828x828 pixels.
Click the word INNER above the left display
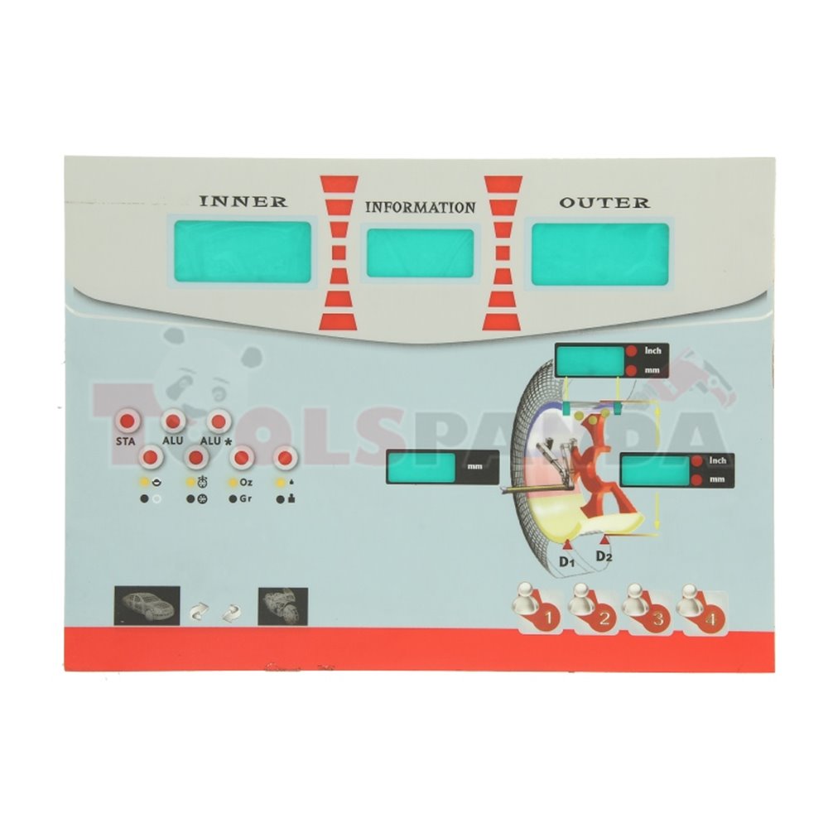(x=243, y=201)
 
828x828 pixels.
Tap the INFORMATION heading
(x=421, y=207)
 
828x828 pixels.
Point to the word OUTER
(x=604, y=202)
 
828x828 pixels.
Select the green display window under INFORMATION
(x=421, y=253)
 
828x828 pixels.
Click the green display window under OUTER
(x=600, y=253)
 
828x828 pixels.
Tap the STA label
(x=125, y=441)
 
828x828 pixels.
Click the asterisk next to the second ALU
(x=229, y=442)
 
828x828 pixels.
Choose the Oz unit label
(x=246, y=481)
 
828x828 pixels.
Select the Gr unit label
(x=245, y=498)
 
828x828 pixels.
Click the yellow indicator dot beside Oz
(x=233, y=481)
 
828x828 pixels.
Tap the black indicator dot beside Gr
(x=233, y=498)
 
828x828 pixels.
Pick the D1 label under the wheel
(x=566, y=563)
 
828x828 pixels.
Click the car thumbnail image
(x=147, y=605)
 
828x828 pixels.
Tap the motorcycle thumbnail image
(x=283, y=606)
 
